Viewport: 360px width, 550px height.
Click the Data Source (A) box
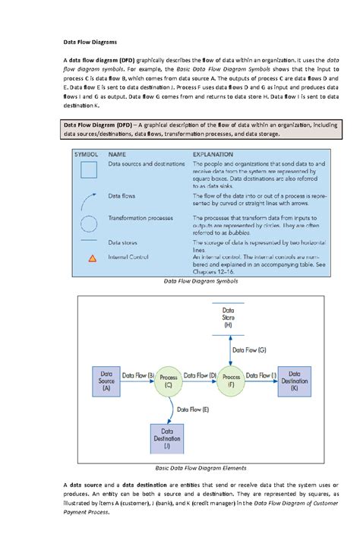coord(106,381)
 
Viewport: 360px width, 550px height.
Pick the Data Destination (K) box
coord(295,381)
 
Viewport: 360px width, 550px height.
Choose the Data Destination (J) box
coord(168,438)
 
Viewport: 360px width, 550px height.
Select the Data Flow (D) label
coord(201,375)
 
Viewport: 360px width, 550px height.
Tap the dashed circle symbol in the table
coord(90,223)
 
